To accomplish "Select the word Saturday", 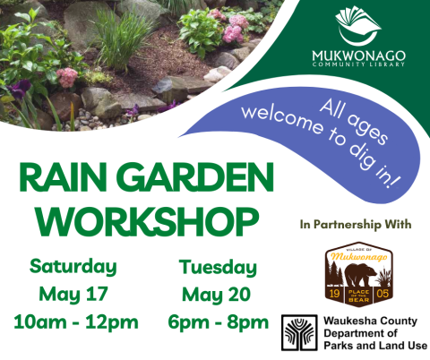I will (x=73, y=266).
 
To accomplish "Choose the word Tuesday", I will (x=218, y=266).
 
